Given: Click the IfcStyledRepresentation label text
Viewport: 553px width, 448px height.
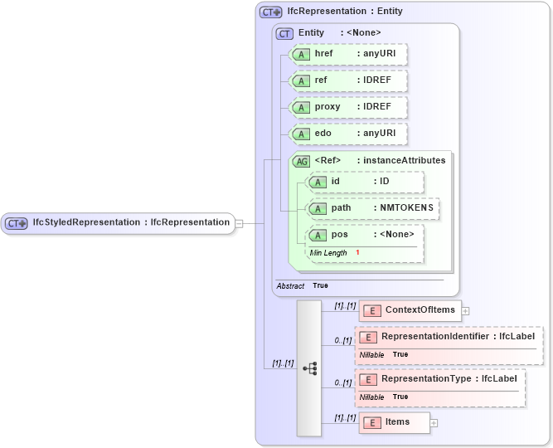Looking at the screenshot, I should [x=130, y=222].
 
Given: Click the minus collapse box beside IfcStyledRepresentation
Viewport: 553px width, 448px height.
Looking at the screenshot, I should [x=239, y=222].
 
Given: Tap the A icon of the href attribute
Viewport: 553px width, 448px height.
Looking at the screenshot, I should [x=302, y=54].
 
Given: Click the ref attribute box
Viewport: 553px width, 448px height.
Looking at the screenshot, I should [x=349, y=80].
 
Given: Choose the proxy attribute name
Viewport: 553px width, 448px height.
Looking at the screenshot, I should [x=327, y=107].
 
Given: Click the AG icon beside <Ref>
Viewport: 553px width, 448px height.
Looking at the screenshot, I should [x=302, y=161].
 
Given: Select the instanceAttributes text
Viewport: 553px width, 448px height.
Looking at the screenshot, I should [x=401, y=160].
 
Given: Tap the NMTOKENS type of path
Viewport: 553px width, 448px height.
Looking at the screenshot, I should [x=406, y=208].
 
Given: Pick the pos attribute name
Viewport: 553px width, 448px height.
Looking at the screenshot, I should [x=339, y=235].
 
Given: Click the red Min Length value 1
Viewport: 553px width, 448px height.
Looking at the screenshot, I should [x=357, y=252].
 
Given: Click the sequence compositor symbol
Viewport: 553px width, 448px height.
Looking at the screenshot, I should [x=309, y=368].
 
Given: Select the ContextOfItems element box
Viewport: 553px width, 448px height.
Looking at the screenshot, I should [x=410, y=310].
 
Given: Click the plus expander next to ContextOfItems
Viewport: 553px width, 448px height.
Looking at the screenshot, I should [x=465, y=311].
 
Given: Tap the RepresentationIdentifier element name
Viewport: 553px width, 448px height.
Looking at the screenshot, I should [x=434, y=336].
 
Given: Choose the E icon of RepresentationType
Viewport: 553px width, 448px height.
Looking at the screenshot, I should [x=368, y=379].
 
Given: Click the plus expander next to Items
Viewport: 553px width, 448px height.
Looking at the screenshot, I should [x=434, y=423].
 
